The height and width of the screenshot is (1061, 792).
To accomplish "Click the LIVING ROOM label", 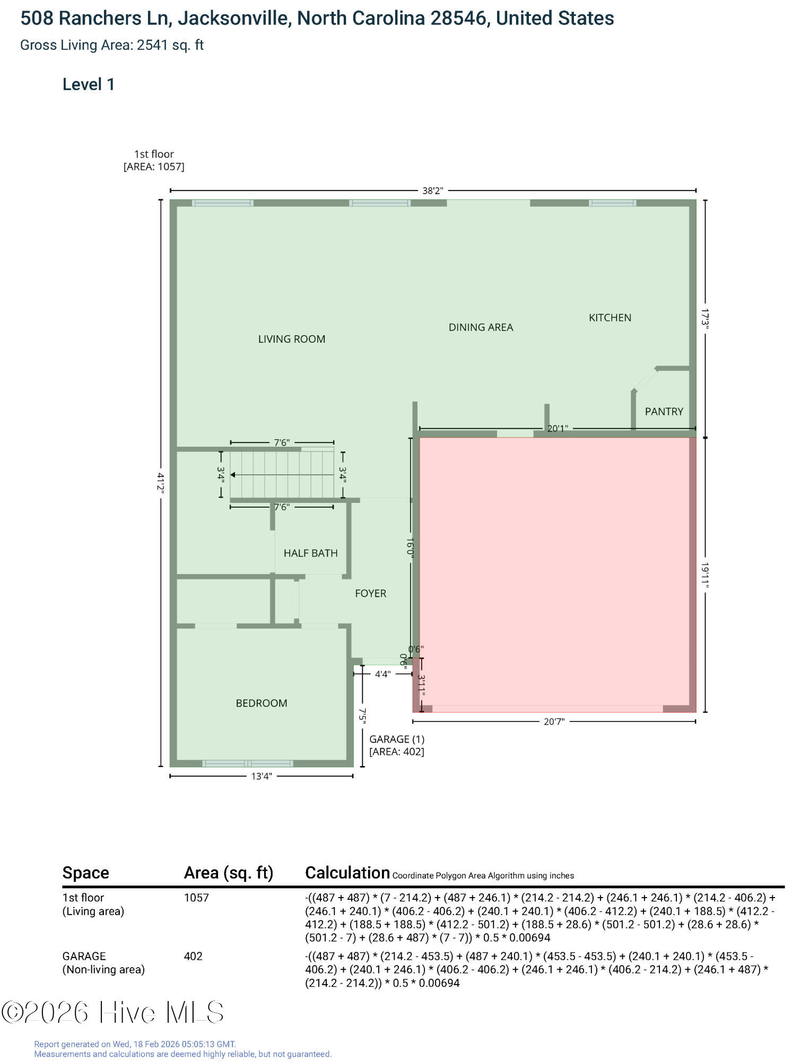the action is [x=292, y=339].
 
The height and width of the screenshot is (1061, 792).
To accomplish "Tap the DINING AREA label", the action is [x=481, y=327].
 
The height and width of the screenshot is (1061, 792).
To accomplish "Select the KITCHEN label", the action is [x=610, y=318].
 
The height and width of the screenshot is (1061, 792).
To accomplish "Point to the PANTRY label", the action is [x=664, y=411].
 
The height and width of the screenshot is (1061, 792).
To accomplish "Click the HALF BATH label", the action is [x=310, y=553].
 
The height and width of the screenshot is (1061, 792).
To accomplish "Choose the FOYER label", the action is [x=370, y=593].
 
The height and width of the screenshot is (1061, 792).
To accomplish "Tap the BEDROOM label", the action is [x=262, y=703].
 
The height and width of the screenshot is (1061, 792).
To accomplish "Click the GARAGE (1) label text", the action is [x=397, y=739].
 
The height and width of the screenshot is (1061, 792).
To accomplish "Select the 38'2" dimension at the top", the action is [x=432, y=190].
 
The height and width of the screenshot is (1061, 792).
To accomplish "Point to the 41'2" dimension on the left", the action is [x=161, y=483].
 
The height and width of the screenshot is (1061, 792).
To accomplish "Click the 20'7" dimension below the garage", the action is [x=554, y=721].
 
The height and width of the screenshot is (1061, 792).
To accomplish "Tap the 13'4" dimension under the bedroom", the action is [x=261, y=776].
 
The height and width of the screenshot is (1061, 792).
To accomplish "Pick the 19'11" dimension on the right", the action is [x=705, y=575].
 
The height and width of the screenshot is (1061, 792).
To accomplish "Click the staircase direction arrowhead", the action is [x=233, y=475].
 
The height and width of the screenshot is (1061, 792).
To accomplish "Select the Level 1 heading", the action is [x=89, y=84].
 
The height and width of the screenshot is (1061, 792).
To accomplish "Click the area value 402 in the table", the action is [x=193, y=956].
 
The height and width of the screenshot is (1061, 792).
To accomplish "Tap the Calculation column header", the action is [x=347, y=873].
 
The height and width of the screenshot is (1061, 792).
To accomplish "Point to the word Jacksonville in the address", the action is [x=233, y=19].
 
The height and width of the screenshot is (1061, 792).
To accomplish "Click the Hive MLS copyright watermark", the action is [x=112, y=1012].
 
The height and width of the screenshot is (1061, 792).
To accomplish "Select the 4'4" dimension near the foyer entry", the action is [x=382, y=674].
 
